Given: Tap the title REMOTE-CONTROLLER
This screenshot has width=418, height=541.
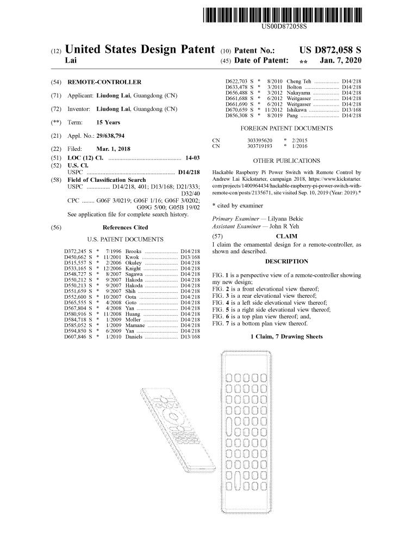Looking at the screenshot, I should (x=104, y=82).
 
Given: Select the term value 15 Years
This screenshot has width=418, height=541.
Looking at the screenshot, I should (x=108, y=122).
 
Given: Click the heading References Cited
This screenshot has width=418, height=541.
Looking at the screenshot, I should (x=125, y=228).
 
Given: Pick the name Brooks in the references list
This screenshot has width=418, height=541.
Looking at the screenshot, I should (x=133, y=251).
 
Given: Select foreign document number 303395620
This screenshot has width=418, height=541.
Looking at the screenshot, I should (x=259, y=140).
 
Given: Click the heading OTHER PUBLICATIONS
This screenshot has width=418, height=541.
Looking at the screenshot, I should (x=286, y=161).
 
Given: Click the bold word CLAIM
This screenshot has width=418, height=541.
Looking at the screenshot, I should (x=286, y=236).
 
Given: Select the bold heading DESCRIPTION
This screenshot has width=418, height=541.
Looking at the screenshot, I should (x=286, y=261).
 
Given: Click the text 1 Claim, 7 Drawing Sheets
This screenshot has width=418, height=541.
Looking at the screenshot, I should (x=286, y=336).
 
